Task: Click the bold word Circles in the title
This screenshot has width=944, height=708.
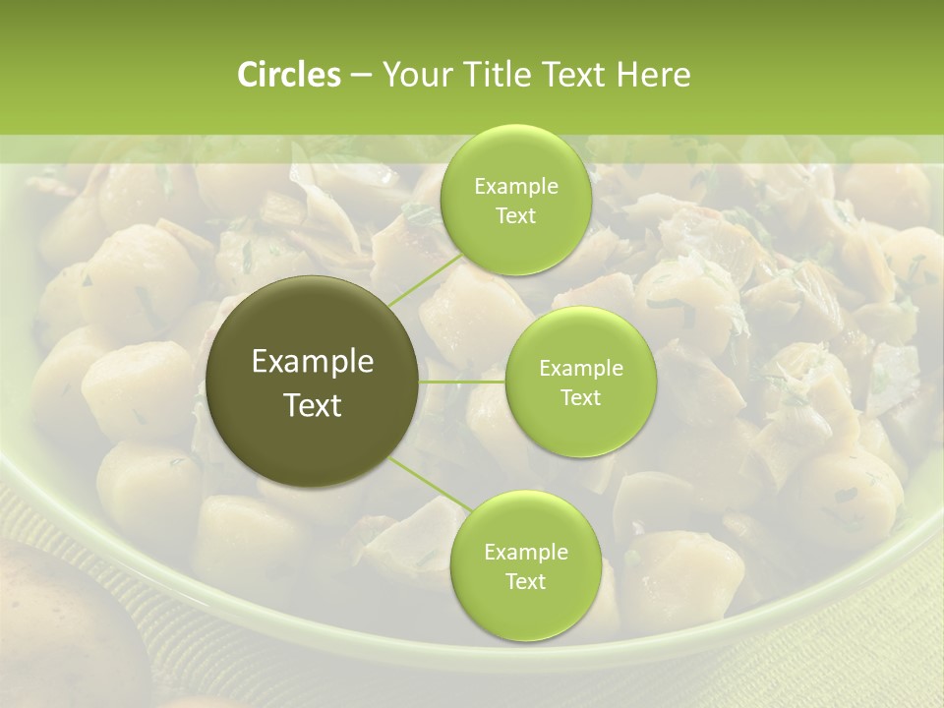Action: pyautogui.click(x=288, y=75)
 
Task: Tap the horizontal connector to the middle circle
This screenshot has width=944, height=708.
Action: pyautogui.click(x=462, y=381)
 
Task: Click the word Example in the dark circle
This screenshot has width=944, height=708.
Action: pyautogui.click(x=313, y=362)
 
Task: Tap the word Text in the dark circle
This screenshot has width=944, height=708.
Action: pyautogui.click(x=313, y=405)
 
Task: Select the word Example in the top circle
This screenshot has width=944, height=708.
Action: pyautogui.click(x=515, y=187)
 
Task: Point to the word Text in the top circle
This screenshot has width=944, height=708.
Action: pyautogui.click(x=515, y=216)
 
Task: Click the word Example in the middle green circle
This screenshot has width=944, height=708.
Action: pyautogui.click(x=580, y=369)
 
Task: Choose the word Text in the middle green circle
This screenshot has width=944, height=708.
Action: pyautogui.click(x=580, y=397)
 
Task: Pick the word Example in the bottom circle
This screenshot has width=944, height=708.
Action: pyautogui.click(x=525, y=553)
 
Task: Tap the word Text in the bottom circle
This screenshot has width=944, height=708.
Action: pyautogui.click(x=525, y=581)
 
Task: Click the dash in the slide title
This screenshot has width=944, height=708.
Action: pyautogui.click(x=360, y=76)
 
